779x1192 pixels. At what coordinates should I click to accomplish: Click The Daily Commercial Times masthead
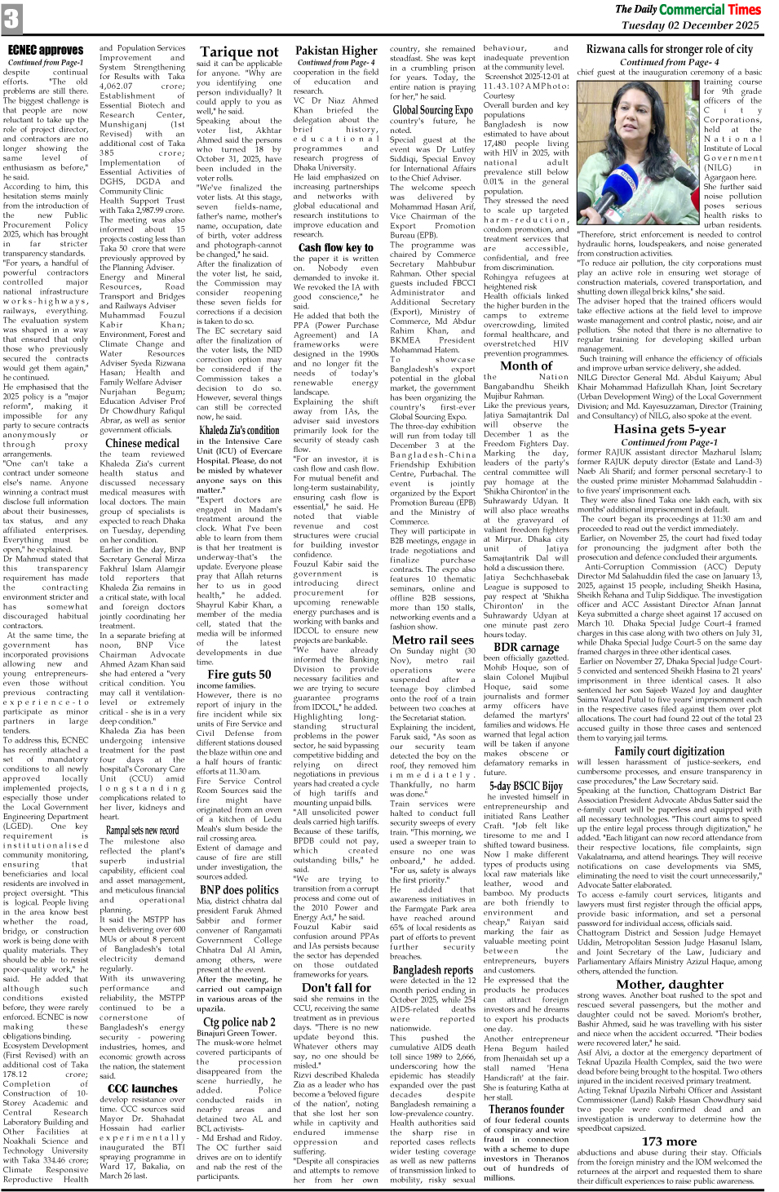(x=688, y=9)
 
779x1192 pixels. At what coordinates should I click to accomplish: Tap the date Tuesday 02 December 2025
(x=690, y=25)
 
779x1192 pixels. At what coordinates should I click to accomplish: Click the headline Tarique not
(x=239, y=52)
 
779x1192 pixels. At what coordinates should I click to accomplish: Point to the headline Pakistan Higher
(x=336, y=51)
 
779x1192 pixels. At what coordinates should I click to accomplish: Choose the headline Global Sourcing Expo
(x=432, y=110)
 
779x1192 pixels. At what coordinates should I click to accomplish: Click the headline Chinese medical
(x=142, y=443)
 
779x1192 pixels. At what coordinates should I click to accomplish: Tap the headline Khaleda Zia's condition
(x=239, y=430)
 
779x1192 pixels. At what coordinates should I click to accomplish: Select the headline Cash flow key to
(x=335, y=247)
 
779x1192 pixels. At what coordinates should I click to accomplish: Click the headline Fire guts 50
(x=239, y=674)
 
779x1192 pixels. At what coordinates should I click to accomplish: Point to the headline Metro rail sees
(x=432, y=640)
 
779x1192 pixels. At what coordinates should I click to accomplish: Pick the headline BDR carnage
(x=526, y=647)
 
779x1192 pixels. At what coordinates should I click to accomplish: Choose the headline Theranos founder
(x=526, y=1109)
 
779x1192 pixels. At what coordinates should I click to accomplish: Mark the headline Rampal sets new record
(x=142, y=830)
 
